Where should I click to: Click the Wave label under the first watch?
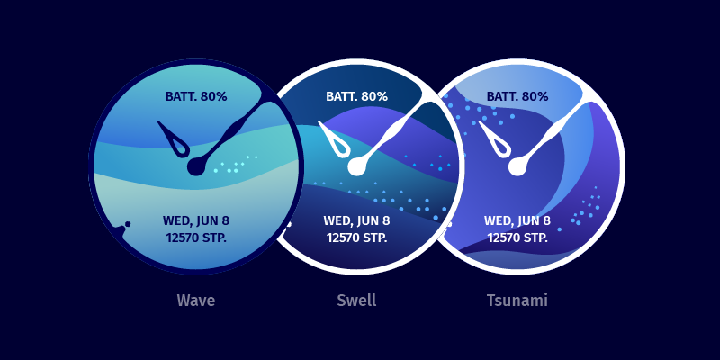(x=196, y=301)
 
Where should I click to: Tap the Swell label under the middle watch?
(x=356, y=301)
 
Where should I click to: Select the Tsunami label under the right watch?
(x=517, y=301)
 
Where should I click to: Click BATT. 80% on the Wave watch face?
(x=196, y=97)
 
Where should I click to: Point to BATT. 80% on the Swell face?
(x=356, y=97)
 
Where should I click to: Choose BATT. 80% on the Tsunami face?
(x=517, y=97)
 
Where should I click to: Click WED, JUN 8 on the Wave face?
(x=196, y=220)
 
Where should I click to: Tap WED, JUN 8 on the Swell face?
(x=356, y=220)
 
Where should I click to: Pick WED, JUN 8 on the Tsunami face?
(x=517, y=220)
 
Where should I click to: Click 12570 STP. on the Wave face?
(x=196, y=238)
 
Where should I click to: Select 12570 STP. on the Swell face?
(x=356, y=238)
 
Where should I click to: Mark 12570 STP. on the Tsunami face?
(x=517, y=238)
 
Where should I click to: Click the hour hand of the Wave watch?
(x=175, y=140)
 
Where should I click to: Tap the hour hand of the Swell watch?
(x=336, y=140)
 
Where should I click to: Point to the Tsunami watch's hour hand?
(x=497, y=140)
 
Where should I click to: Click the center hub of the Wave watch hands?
(x=196, y=166)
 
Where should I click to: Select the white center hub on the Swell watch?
(x=356, y=166)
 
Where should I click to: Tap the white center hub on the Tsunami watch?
(x=517, y=166)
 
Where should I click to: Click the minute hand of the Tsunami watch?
(x=550, y=132)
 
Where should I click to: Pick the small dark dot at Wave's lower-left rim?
(x=128, y=224)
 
